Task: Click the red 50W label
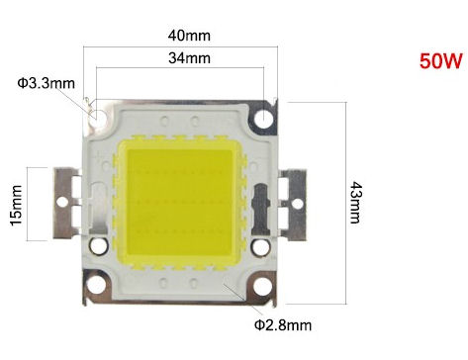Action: click(x=441, y=60)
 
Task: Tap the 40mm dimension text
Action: click(x=189, y=36)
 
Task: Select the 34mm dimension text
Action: click(x=189, y=58)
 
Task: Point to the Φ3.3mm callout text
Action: click(x=47, y=83)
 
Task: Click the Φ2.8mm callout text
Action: click(x=283, y=325)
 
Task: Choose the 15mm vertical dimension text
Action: click(x=16, y=205)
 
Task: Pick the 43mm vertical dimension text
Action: click(x=356, y=203)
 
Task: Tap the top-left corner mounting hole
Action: click(x=99, y=116)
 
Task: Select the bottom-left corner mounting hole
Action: click(x=98, y=286)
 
